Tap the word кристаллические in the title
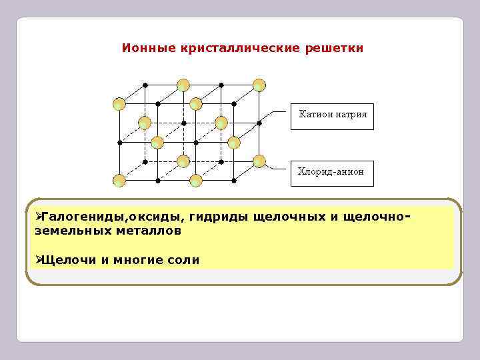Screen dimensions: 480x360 tap(241, 49)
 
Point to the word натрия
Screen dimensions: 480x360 tap(351, 115)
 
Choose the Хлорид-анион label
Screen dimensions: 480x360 tap(331, 172)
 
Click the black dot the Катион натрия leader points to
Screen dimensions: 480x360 tap(260, 123)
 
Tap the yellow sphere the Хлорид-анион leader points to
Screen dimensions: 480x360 tap(259, 161)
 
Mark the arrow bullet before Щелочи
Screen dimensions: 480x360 tap(38, 259)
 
